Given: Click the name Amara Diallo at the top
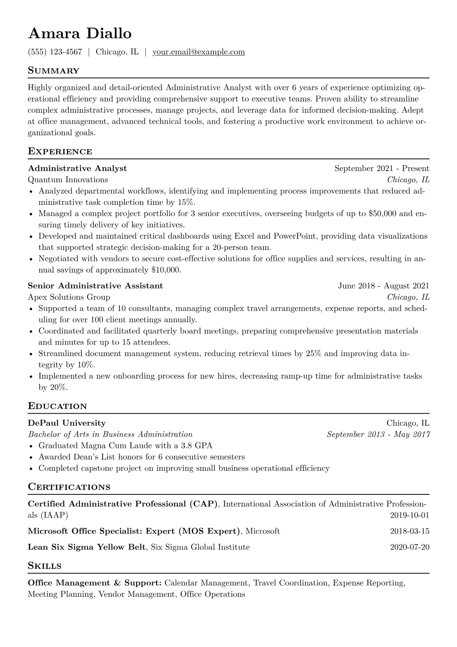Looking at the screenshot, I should pyautogui.click(x=80, y=33).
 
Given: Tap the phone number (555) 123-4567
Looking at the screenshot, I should pyautogui.click(x=55, y=52).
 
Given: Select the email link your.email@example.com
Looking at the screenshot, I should pyautogui.click(x=199, y=52).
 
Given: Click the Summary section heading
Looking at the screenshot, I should pyautogui.click(x=54, y=71).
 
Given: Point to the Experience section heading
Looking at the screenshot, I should pyautogui.click(x=60, y=151).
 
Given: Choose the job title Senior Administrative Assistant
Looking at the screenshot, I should pyautogui.click(x=95, y=286).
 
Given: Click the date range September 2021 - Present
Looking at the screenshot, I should pyautogui.click(x=382, y=168).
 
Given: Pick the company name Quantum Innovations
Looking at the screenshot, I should pyautogui.click(x=68, y=180).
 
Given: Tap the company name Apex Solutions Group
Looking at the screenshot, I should pyautogui.click(x=69, y=297).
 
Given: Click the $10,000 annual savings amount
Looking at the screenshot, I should pyautogui.click(x=166, y=270).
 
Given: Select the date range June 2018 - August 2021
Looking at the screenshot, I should pyautogui.click(x=383, y=286).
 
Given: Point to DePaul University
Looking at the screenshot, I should pyautogui.click(x=67, y=423).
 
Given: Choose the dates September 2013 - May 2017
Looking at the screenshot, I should pyautogui.click(x=378, y=434).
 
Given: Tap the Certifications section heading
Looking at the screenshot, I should pyautogui.click(x=69, y=487).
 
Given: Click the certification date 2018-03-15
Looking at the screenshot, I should pyautogui.click(x=409, y=531).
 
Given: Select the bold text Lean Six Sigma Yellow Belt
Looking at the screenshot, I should pyautogui.click(x=87, y=547).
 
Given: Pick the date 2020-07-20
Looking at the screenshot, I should pyautogui.click(x=409, y=547).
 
